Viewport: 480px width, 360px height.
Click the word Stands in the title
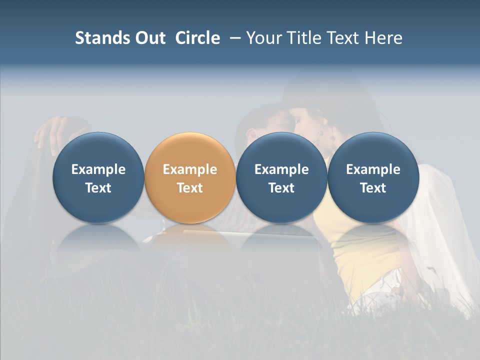[98, 38]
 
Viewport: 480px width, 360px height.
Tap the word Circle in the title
[197, 38]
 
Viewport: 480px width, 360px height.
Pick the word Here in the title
[384, 38]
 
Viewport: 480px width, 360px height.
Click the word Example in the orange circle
[190, 169]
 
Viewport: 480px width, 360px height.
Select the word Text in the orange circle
[190, 188]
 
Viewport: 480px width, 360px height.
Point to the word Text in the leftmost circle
[98, 188]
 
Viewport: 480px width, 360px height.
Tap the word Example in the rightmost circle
[373, 169]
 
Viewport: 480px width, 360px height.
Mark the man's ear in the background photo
[251, 133]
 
